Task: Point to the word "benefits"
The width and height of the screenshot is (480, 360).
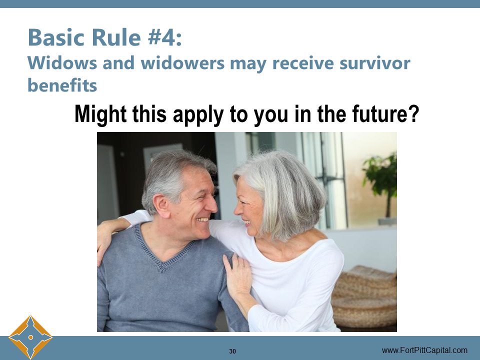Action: pyautogui.click(x=62, y=85)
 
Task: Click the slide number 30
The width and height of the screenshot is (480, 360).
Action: pyautogui.click(x=232, y=351)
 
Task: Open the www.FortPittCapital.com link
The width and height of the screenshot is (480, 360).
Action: pyautogui.click(x=424, y=350)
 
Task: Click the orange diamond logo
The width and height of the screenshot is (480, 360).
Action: pyautogui.click(x=30, y=337)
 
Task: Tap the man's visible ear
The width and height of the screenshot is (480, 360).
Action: pyautogui.click(x=161, y=205)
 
